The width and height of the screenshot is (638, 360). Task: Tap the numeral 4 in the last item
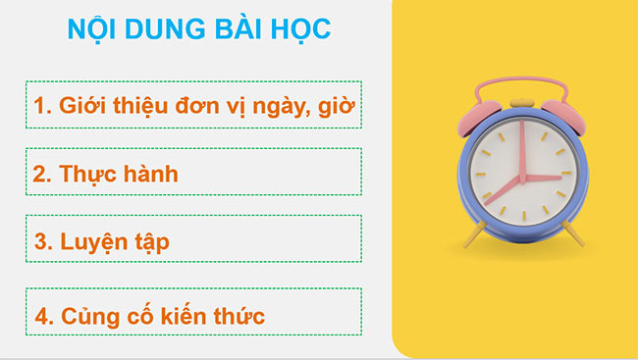41,317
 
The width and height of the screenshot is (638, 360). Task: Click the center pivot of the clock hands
522,178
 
